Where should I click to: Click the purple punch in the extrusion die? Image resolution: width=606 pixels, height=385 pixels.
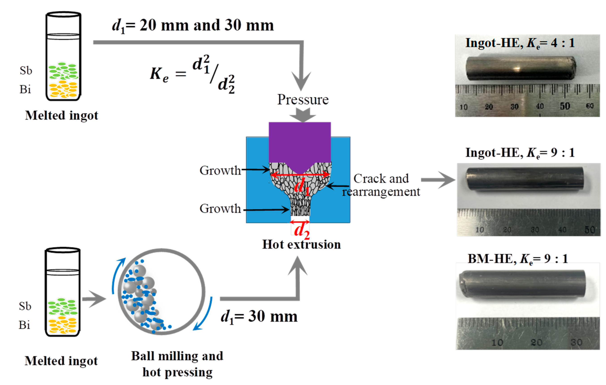pos(299,143)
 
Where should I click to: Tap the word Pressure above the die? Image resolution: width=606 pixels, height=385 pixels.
pos(303,100)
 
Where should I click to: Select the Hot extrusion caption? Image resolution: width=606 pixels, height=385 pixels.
pos(301,244)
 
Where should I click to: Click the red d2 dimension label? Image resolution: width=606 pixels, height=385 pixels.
pos(301,230)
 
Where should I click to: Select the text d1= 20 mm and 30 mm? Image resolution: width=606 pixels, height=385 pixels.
pos(193,26)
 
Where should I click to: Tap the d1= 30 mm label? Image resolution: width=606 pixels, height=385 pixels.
pos(259,317)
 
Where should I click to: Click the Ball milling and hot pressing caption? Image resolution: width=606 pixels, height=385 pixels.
pos(177,364)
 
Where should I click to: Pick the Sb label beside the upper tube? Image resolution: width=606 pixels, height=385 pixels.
pos(26,71)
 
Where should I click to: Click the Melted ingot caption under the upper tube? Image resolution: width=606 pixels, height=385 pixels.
pos(61,115)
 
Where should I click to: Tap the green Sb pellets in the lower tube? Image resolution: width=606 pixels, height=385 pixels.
pos(62,306)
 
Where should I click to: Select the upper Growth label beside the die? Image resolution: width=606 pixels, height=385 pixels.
pos(220,171)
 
